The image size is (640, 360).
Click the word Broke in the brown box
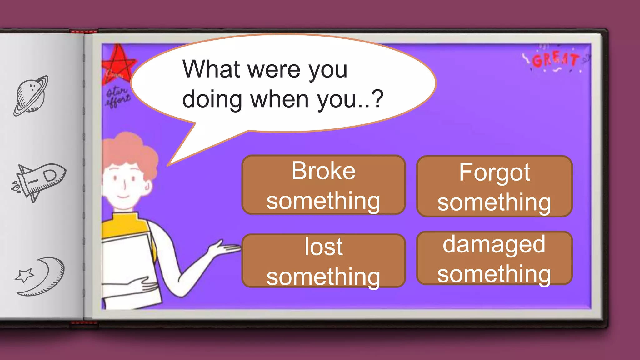(323, 171)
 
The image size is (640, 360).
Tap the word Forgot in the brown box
(494, 172)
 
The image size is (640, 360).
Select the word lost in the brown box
(323, 247)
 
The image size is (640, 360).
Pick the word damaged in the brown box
(494, 244)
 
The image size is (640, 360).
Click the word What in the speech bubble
(211, 69)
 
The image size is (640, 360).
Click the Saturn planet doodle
(31, 96)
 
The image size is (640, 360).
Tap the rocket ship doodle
(39, 181)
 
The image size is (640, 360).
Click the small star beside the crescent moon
(24, 275)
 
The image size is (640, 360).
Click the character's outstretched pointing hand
(227, 248)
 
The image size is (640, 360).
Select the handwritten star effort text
(117, 97)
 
